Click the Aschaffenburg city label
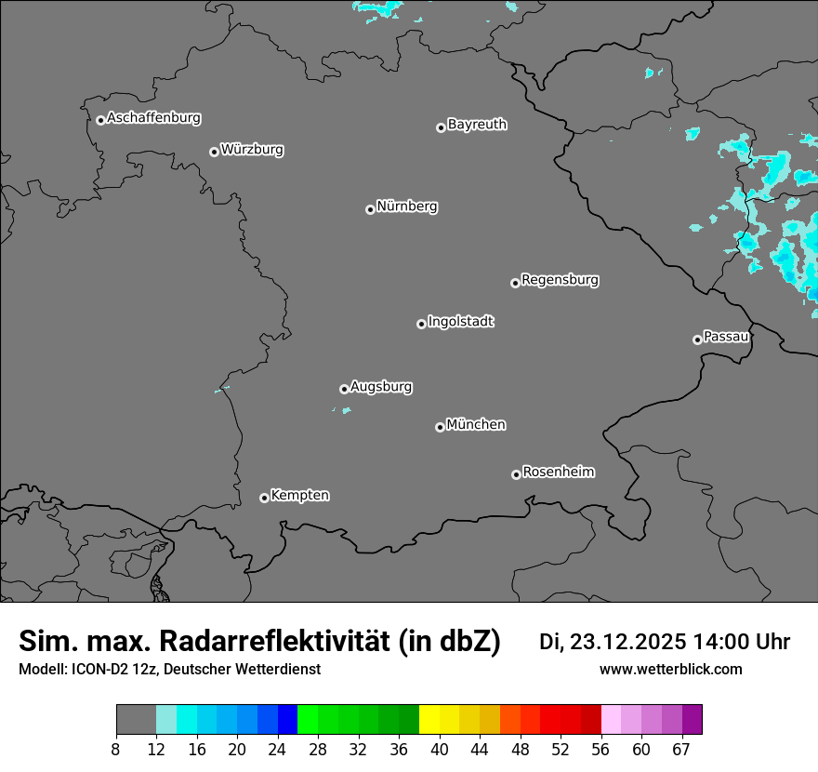pyautogui.click(x=153, y=118)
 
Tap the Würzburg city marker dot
pyautogui.click(x=214, y=152)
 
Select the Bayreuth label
pyautogui.click(x=477, y=124)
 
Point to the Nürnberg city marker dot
pyautogui.click(x=370, y=209)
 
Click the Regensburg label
pyautogui.click(x=560, y=279)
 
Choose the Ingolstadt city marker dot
pyautogui.click(x=421, y=324)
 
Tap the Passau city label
pyautogui.click(x=726, y=336)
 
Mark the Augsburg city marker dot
pyautogui.click(x=344, y=389)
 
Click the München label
pyautogui.click(x=476, y=424)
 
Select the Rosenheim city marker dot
pyautogui.click(x=516, y=474)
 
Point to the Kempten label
pyautogui.click(x=299, y=495)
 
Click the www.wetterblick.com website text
pyautogui.click(x=670, y=669)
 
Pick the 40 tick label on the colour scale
pyautogui.click(x=440, y=750)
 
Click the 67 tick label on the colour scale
pyautogui.click(x=681, y=750)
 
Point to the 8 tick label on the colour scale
pyautogui.click(x=116, y=750)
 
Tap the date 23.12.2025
pyautogui.click(x=628, y=642)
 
